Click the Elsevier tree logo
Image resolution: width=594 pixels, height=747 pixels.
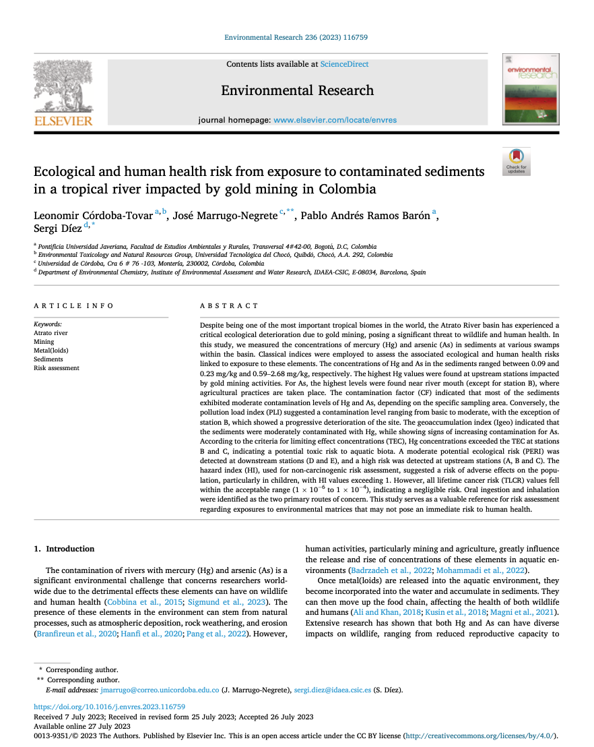click(63, 88)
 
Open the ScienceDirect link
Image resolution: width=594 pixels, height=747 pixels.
click(344, 64)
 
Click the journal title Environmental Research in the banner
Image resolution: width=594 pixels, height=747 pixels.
click(297, 90)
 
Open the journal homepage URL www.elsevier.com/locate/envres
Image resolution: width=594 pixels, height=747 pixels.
click(335, 120)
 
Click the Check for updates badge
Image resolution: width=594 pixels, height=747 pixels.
click(517, 162)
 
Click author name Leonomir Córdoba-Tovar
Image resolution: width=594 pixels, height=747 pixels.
click(93, 216)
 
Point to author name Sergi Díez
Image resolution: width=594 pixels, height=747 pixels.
click(57, 230)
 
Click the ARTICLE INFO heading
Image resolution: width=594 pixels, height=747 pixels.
click(74, 305)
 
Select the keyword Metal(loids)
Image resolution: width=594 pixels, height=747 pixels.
click(51, 351)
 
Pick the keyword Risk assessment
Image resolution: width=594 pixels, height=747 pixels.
click(57, 368)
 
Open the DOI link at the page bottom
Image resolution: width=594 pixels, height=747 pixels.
click(100, 707)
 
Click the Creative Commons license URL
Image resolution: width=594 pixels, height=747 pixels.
click(481, 736)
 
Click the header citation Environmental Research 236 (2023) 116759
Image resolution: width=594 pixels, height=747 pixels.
click(296, 38)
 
